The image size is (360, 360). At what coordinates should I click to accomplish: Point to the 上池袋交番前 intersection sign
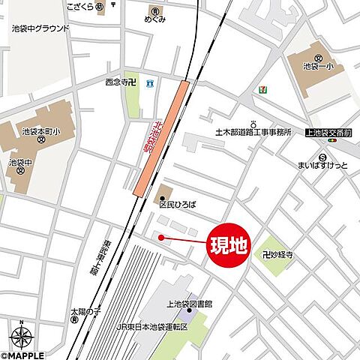[x=329, y=132]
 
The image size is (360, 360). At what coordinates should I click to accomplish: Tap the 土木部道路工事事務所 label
[x=253, y=133]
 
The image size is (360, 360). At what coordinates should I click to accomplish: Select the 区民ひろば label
[x=178, y=202]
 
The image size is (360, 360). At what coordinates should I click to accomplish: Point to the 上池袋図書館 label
[x=189, y=304]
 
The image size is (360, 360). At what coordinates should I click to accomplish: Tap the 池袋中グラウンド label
[x=40, y=28]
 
